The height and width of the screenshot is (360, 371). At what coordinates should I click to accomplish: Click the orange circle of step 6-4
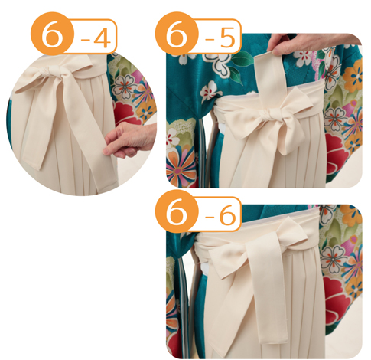(52, 33)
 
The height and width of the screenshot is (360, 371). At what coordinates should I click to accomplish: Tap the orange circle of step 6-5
(177, 33)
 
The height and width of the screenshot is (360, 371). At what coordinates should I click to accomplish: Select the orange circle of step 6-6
(177, 211)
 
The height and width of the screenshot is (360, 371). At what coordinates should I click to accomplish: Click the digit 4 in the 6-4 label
(102, 39)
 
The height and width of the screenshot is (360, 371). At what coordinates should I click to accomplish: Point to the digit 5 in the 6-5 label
(227, 39)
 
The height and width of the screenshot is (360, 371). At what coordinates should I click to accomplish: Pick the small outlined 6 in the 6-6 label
(227, 217)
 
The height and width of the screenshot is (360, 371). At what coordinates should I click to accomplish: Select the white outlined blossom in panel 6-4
(125, 87)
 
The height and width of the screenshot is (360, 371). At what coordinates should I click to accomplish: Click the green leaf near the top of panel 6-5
(242, 59)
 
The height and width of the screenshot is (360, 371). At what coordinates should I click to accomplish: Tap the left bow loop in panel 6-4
(32, 82)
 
